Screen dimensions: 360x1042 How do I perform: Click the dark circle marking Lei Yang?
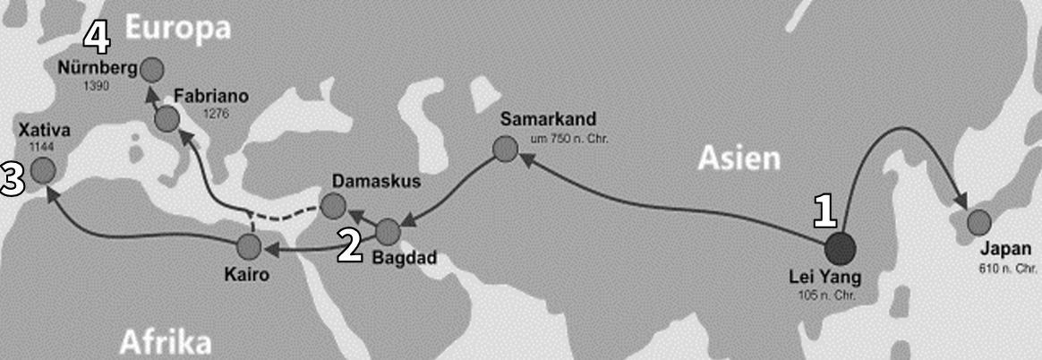click(x=840, y=248)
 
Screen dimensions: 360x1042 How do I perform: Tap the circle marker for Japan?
click(x=978, y=222)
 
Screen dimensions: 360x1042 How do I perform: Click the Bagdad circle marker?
click(x=388, y=232)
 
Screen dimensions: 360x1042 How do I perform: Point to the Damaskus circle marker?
click(x=332, y=206)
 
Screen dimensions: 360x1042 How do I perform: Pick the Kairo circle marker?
click(x=249, y=245)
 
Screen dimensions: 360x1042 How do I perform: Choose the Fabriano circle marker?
click(x=167, y=118)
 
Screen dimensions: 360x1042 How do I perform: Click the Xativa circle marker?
click(x=41, y=169)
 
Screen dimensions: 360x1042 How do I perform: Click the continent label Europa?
click(x=177, y=28)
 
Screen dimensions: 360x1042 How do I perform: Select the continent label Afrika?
click(x=165, y=341)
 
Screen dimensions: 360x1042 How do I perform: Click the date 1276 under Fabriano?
click(x=217, y=114)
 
